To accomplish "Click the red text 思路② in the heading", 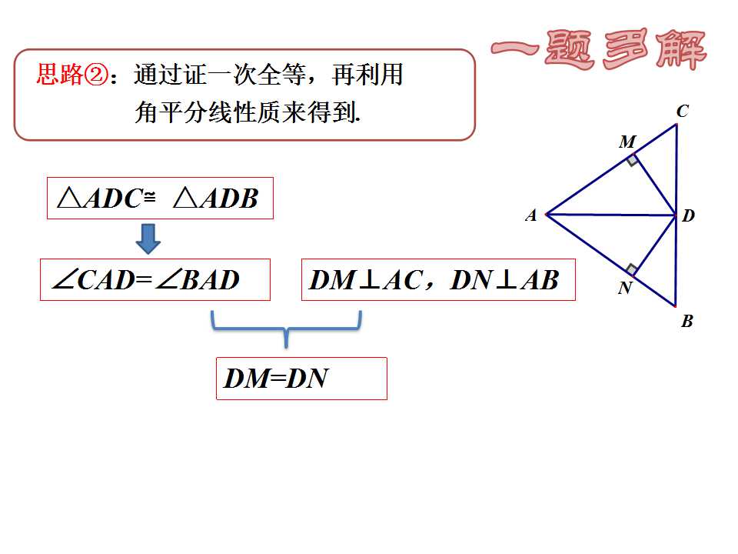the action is [72, 75].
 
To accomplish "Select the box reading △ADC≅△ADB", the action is [160, 199].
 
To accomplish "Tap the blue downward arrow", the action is [148, 239].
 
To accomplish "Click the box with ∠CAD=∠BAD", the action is [155, 280].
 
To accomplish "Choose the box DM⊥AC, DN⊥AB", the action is [438, 280].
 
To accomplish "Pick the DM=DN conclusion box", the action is [301, 379].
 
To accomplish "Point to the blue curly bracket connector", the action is [286, 329].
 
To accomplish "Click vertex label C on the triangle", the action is [683, 111].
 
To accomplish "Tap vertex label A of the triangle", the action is [531, 215].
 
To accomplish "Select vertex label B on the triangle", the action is [687, 322].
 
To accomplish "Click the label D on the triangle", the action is [688, 215].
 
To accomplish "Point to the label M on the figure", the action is [627, 142].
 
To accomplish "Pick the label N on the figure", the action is [625, 287].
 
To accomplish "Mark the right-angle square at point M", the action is [632, 160].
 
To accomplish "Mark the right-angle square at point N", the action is [632, 269].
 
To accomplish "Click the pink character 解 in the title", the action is [682, 49].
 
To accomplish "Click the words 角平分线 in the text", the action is [184, 112].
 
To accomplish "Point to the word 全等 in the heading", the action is [282, 75].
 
